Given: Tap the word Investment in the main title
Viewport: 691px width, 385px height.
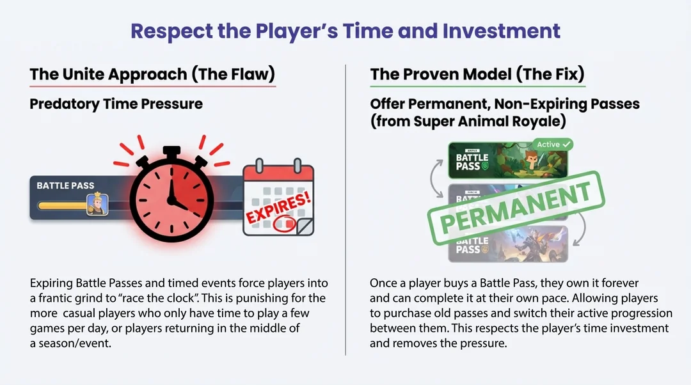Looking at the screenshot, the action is (x=502, y=31).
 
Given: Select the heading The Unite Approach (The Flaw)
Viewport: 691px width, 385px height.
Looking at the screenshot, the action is (x=152, y=74).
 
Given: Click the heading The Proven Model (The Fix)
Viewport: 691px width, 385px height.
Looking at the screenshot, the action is (x=477, y=74).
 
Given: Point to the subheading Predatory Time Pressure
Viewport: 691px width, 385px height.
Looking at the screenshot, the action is (x=116, y=104).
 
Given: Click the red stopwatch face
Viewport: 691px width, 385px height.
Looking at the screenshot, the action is (x=171, y=200).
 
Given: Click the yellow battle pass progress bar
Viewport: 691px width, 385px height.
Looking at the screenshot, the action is (x=62, y=206).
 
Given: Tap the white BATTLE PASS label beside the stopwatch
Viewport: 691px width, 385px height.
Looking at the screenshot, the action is (x=65, y=185).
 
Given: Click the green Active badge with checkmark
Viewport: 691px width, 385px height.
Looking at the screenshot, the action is (x=553, y=145).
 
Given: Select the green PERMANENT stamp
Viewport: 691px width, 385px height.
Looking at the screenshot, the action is (x=516, y=207).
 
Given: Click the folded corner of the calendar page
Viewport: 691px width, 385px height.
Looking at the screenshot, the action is (x=305, y=226).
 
